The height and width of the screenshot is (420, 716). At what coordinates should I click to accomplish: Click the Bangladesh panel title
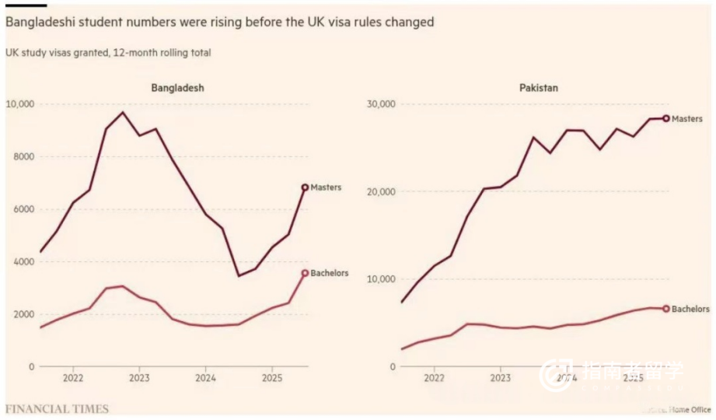[x=177, y=88]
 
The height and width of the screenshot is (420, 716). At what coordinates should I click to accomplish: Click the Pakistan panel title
[x=539, y=88]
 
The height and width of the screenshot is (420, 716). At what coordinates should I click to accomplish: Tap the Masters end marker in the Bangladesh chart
[x=305, y=187]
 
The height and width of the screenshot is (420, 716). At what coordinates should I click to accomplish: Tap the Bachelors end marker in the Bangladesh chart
[x=305, y=273]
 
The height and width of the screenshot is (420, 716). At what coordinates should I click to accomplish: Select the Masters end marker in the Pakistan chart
[x=666, y=118]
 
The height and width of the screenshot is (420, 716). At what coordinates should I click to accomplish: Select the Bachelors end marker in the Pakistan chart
[x=666, y=309]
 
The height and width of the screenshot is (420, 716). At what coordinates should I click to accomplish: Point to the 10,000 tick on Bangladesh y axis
[x=20, y=104]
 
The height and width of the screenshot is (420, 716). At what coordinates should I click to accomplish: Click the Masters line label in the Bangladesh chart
[x=326, y=187]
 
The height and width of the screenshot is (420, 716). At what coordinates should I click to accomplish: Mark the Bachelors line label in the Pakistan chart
[x=690, y=309]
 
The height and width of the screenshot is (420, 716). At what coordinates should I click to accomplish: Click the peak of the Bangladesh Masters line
[x=123, y=112]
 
